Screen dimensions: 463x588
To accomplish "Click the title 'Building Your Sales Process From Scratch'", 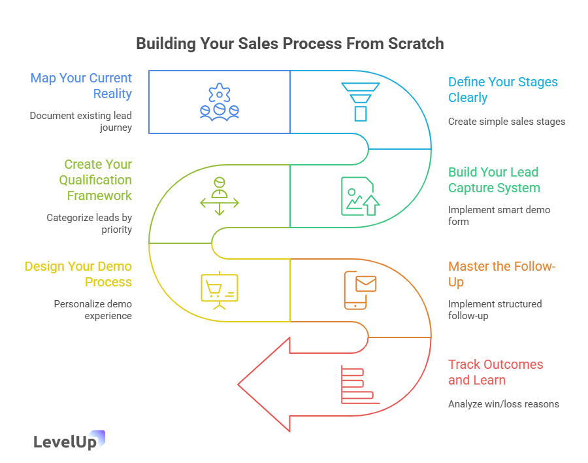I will [x=289, y=44].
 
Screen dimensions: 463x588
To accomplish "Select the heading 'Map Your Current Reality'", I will [x=81, y=86].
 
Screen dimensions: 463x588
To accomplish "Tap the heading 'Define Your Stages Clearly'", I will [x=502, y=90].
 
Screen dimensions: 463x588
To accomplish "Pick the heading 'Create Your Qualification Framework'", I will [x=97, y=180].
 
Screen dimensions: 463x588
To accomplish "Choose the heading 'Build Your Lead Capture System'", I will [x=494, y=180].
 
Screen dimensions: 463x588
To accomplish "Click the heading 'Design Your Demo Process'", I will [x=78, y=274].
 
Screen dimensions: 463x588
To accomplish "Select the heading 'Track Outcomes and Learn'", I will [x=495, y=372].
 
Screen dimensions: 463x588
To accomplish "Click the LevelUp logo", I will [x=68, y=441].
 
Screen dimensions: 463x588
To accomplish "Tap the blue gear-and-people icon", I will [x=220, y=101].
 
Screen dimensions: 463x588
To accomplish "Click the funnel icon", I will [x=360, y=101].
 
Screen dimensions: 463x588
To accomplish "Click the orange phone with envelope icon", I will [x=360, y=290].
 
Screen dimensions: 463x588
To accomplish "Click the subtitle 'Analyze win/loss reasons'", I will [x=503, y=404].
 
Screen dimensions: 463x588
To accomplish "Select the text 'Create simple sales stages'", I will [x=506, y=122].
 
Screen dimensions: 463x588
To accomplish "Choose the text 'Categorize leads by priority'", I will [x=89, y=224].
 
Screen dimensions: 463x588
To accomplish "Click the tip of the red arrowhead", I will [x=239, y=384].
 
